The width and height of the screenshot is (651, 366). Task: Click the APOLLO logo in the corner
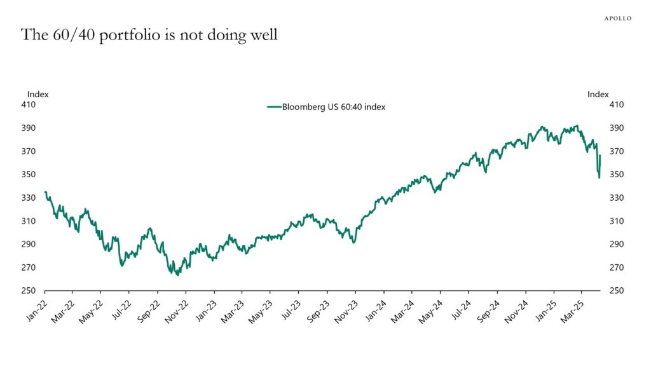coord(617,18)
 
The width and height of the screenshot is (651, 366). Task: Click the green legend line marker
coord(274,107)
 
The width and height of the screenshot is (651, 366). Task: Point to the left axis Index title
coord(38,94)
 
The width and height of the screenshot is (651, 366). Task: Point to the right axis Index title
coord(598,94)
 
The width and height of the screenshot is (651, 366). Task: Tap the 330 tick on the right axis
coord(617,198)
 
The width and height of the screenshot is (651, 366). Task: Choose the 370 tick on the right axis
coord(617,151)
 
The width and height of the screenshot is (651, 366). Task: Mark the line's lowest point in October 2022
coord(177,274)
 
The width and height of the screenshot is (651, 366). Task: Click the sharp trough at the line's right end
coord(599,177)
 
